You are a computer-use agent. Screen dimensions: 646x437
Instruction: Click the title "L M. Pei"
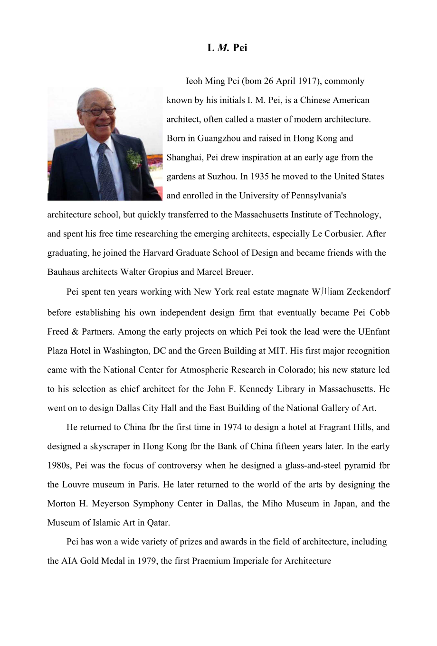(227, 48)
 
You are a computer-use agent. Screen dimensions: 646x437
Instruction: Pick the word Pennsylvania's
(316, 196)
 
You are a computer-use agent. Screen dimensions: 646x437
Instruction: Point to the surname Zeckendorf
(368, 292)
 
